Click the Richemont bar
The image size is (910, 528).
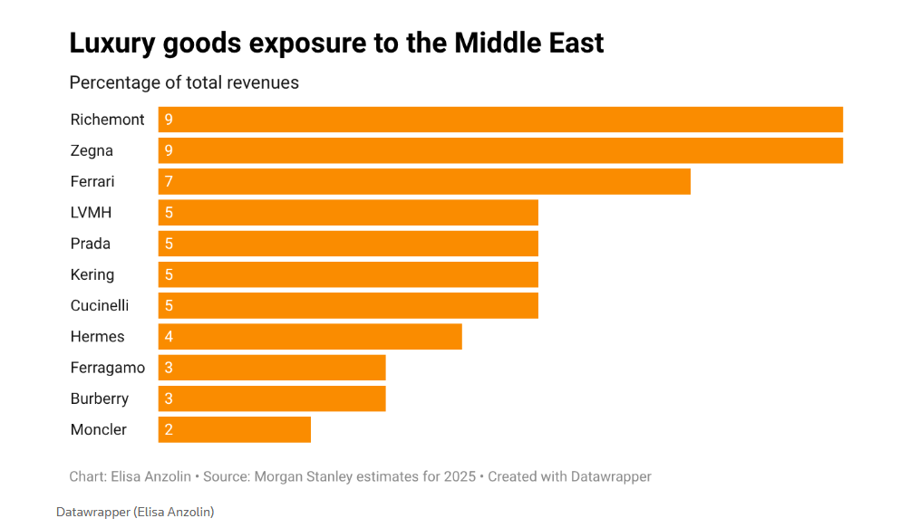[x=500, y=120]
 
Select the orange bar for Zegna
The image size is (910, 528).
[x=500, y=150]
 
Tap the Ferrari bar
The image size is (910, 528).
[x=424, y=181]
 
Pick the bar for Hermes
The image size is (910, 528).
[x=310, y=337]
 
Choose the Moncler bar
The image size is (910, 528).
[x=234, y=429]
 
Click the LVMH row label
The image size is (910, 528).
[x=91, y=213]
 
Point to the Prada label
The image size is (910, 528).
[x=91, y=244]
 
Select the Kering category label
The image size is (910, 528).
[x=92, y=274]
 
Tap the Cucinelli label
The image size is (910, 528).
[x=100, y=306]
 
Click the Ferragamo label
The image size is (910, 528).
[x=108, y=368]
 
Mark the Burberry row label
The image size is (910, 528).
[x=100, y=398]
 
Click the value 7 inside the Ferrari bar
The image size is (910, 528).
[x=169, y=182]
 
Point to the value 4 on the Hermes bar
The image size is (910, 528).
[x=169, y=337]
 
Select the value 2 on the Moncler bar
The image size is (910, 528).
[x=169, y=430]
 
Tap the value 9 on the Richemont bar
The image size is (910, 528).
[x=169, y=120]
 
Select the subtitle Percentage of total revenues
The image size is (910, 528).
[x=184, y=82]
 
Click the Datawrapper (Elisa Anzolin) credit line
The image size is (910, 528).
[x=135, y=512]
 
